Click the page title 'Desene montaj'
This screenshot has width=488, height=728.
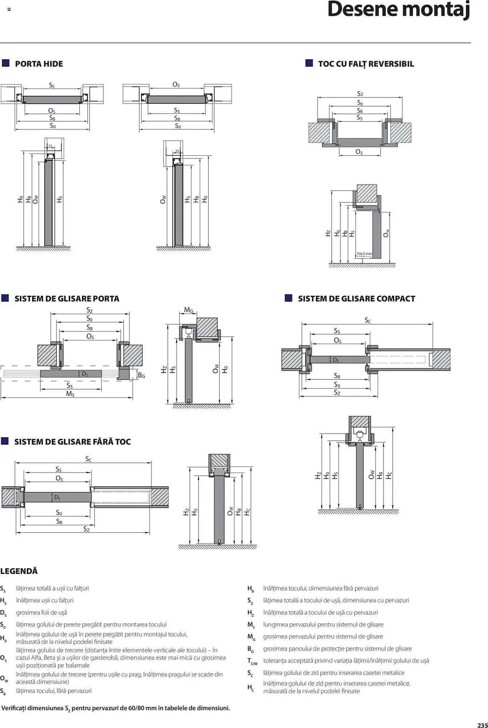399,10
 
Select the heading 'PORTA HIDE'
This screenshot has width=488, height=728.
39,64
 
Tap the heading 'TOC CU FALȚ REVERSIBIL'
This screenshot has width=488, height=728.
366,64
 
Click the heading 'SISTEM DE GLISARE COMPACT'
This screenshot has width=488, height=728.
356,299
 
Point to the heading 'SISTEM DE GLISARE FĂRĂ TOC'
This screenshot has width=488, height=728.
72,442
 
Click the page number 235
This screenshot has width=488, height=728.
483,725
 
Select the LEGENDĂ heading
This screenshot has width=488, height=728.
19,571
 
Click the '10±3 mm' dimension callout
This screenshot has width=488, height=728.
364,254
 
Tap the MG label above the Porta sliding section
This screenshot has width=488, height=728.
188,310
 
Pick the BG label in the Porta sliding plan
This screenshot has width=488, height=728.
141,375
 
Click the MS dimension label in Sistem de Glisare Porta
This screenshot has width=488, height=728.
70,394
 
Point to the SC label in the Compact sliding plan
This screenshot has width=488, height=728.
368,320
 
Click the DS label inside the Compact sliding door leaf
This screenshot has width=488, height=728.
336,360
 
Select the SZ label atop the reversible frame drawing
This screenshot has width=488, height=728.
360,94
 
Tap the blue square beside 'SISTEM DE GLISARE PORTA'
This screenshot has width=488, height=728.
5,298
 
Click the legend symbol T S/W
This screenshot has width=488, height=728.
252,661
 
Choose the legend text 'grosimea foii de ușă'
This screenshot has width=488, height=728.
41,613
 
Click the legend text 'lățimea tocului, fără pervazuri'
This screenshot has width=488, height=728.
54,691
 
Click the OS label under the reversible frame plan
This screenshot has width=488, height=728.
359,152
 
